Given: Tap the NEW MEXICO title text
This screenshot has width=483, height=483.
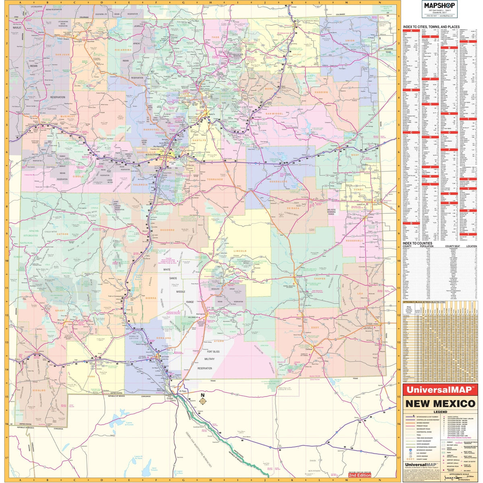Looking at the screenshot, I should [x=440, y=403].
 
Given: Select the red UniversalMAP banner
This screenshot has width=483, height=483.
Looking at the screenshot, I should [x=440, y=390].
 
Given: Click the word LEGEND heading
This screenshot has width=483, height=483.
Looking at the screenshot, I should [x=440, y=412].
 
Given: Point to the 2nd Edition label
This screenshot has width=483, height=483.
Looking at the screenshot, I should [x=360, y=475].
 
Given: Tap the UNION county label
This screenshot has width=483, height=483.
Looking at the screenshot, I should [x=350, y=41].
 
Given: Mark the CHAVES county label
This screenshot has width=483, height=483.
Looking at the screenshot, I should [x=319, y=279].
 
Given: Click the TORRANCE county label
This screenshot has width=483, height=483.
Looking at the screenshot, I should [x=215, y=179].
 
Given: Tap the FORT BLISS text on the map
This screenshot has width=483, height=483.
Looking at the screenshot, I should [x=211, y=351].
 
